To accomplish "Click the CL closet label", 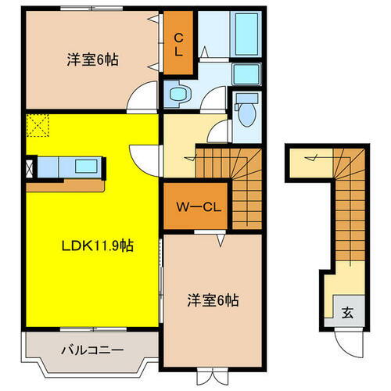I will coord(178,44).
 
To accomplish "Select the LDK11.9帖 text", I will coord(99,245).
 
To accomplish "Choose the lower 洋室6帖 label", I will coord(213,300).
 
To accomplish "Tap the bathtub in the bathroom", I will coord(246,33).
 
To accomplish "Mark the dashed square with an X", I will coord(37,124).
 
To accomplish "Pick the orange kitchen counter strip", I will coord(66,186).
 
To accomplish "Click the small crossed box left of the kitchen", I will coord(30,167).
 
